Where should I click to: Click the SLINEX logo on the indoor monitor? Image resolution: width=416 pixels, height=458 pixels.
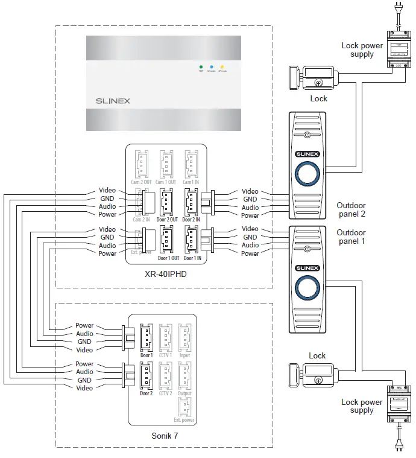[113, 101]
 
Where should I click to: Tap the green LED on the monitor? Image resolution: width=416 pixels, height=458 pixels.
[201, 66]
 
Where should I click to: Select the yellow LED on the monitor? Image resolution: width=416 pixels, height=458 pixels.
[222, 66]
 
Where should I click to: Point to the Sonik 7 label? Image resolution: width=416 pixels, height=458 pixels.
[165, 434]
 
